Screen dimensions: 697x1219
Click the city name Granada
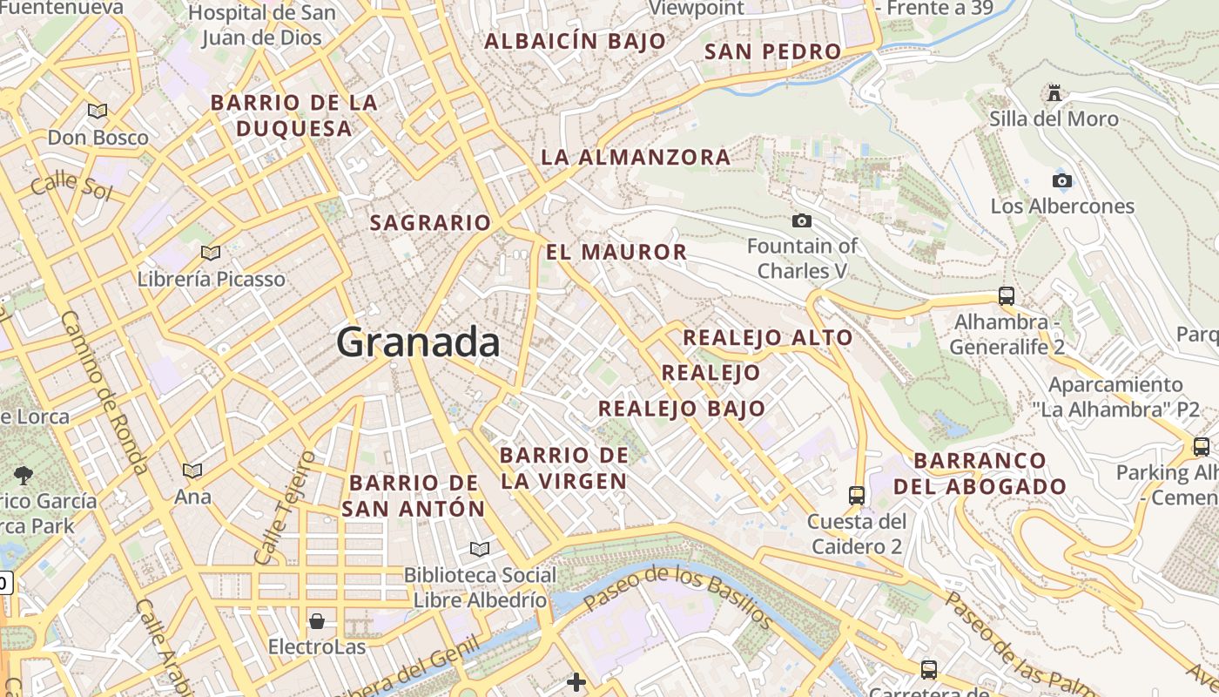[x=418, y=342]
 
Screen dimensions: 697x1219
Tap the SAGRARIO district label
[x=430, y=223]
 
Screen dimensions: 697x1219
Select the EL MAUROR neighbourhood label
[x=616, y=253]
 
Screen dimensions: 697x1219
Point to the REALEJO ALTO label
[x=768, y=338]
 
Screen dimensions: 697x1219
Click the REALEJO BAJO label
[x=682, y=409]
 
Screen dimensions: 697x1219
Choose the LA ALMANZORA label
[x=636, y=158]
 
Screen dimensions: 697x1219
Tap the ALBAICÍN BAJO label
[x=575, y=41]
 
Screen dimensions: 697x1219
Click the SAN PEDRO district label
[x=772, y=51]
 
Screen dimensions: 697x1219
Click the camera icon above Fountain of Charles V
[x=802, y=221]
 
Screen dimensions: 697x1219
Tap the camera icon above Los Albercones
[x=1061, y=181]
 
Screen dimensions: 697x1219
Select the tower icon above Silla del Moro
[x=1054, y=93]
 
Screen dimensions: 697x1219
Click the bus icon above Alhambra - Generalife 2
[x=1007, y=296]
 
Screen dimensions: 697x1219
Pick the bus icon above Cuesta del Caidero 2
[x=857, y=496]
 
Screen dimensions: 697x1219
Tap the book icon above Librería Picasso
[x=210, y=254]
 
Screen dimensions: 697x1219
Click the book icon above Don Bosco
[x=98, y=112]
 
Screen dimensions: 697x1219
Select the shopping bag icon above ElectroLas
[x=317, y=621]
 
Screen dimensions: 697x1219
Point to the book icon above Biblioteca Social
[x=479, y=549]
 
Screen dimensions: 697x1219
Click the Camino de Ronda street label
[x=103, y=392]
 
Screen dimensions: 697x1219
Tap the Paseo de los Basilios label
[x=677, y=598]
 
